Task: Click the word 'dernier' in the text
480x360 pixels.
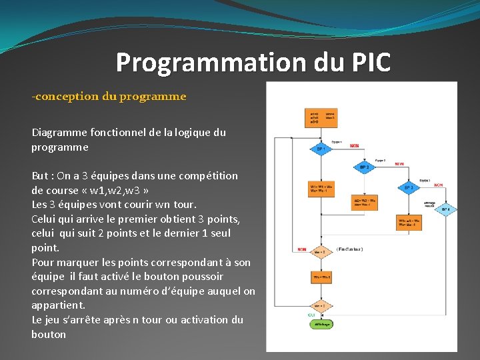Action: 184,233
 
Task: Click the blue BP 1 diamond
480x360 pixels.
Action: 321,149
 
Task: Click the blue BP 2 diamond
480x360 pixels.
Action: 364,167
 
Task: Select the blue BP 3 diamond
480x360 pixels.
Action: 408,187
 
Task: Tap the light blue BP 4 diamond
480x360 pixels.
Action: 446,209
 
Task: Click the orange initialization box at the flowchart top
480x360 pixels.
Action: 321,118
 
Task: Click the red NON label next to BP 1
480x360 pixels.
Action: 354,145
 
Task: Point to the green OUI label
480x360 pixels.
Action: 311,315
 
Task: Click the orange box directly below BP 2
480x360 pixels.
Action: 364,202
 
